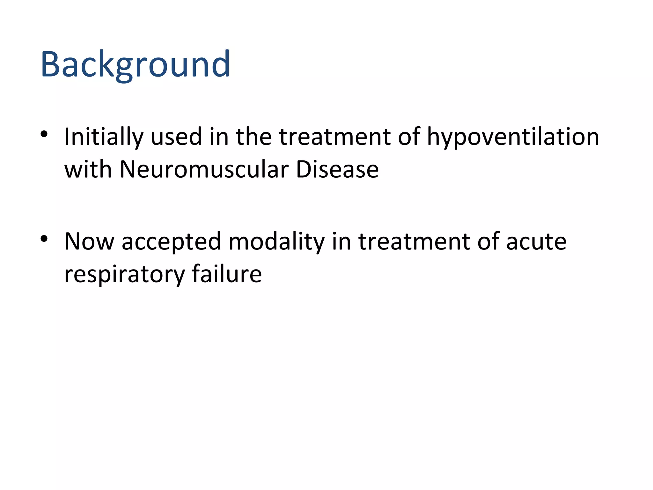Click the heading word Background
pos(135,64)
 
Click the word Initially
pos(104,137)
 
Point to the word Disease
pos(337,169)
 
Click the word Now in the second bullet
pos(89,241)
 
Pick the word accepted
pos(171,241)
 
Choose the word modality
pos(276,241)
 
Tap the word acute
pos(536,241)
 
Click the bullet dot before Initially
pos(44,134)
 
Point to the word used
pos(176,137)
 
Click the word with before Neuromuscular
pos(88,169)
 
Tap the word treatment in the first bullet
pos(334,137)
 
